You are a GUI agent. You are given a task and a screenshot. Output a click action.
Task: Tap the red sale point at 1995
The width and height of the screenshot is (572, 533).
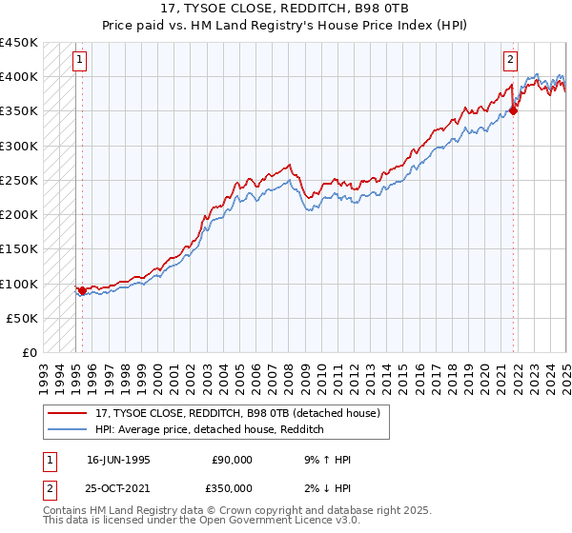coord(82,290)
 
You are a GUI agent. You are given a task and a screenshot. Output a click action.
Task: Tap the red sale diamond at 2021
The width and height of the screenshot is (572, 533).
coord(513,110)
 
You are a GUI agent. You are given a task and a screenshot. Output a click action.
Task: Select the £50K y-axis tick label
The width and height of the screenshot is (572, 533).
coord(22,318)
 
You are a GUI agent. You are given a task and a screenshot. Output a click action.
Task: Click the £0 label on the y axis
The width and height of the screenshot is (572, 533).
coord(29,352)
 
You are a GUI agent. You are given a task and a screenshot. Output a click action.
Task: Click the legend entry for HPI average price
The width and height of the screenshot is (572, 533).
coord(210,429)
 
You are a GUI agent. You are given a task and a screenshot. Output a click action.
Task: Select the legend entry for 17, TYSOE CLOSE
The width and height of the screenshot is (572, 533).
coord(237,413)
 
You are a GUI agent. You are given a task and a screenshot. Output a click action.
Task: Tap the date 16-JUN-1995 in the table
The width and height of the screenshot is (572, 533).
coord(118,460)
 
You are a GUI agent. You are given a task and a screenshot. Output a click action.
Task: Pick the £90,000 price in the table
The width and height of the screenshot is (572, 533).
coord(232,460)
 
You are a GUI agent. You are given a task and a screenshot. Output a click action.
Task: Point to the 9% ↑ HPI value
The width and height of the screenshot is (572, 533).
coord(323,460)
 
